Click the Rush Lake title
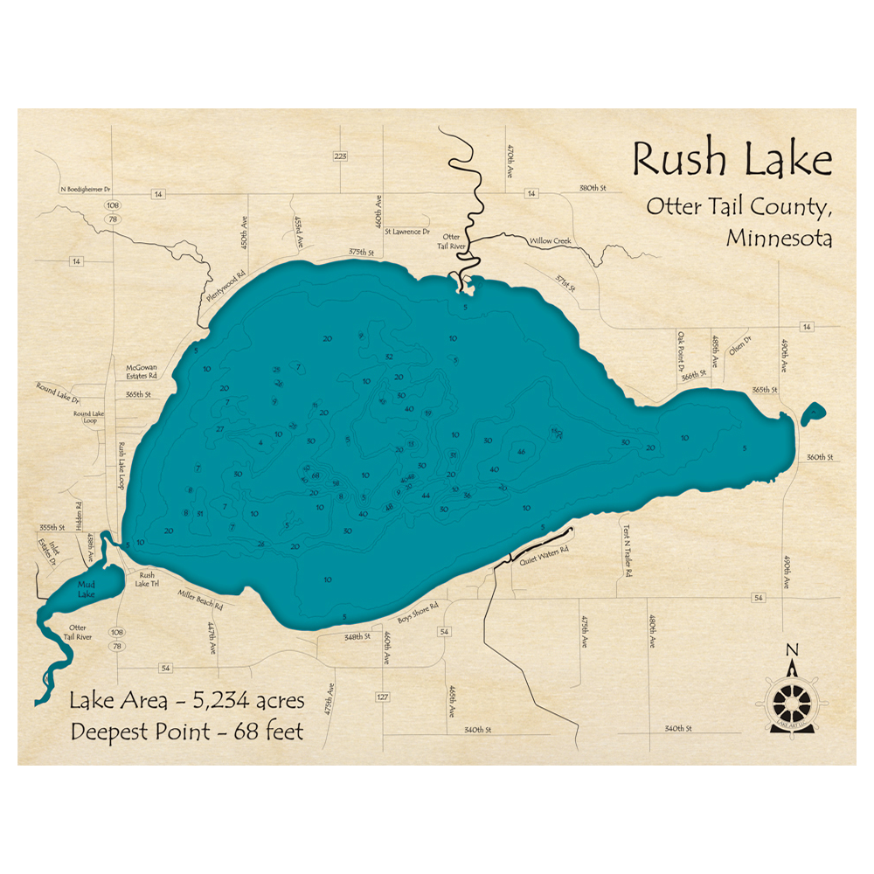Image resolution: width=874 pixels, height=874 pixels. [x=732, y=160]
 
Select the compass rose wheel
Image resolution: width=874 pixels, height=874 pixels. [x=791, y=700]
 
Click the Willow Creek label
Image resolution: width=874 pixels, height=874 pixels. [x=549, y=239]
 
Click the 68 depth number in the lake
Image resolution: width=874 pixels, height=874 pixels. [x=316, y=475]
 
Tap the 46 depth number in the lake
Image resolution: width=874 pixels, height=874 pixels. [x=521, y=451]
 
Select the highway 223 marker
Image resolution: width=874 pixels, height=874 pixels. [x=340, y=156]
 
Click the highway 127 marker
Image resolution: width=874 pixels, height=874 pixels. [x=382, y=697]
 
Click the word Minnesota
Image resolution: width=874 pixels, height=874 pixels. [x=779, y=238]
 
